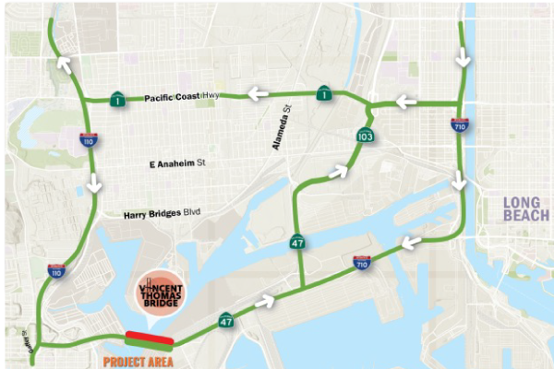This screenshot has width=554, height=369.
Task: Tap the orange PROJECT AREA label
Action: coord(138,361)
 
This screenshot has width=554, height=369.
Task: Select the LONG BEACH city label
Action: coord(526,208)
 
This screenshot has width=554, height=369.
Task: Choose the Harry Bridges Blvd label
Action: coord(162,214)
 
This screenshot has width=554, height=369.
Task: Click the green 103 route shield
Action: coord(366,137)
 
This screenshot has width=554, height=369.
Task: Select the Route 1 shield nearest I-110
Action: coord(118,99)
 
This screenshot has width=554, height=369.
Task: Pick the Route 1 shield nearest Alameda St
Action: coord(324,93)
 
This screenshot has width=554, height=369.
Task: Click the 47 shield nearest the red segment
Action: coord(226,321)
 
